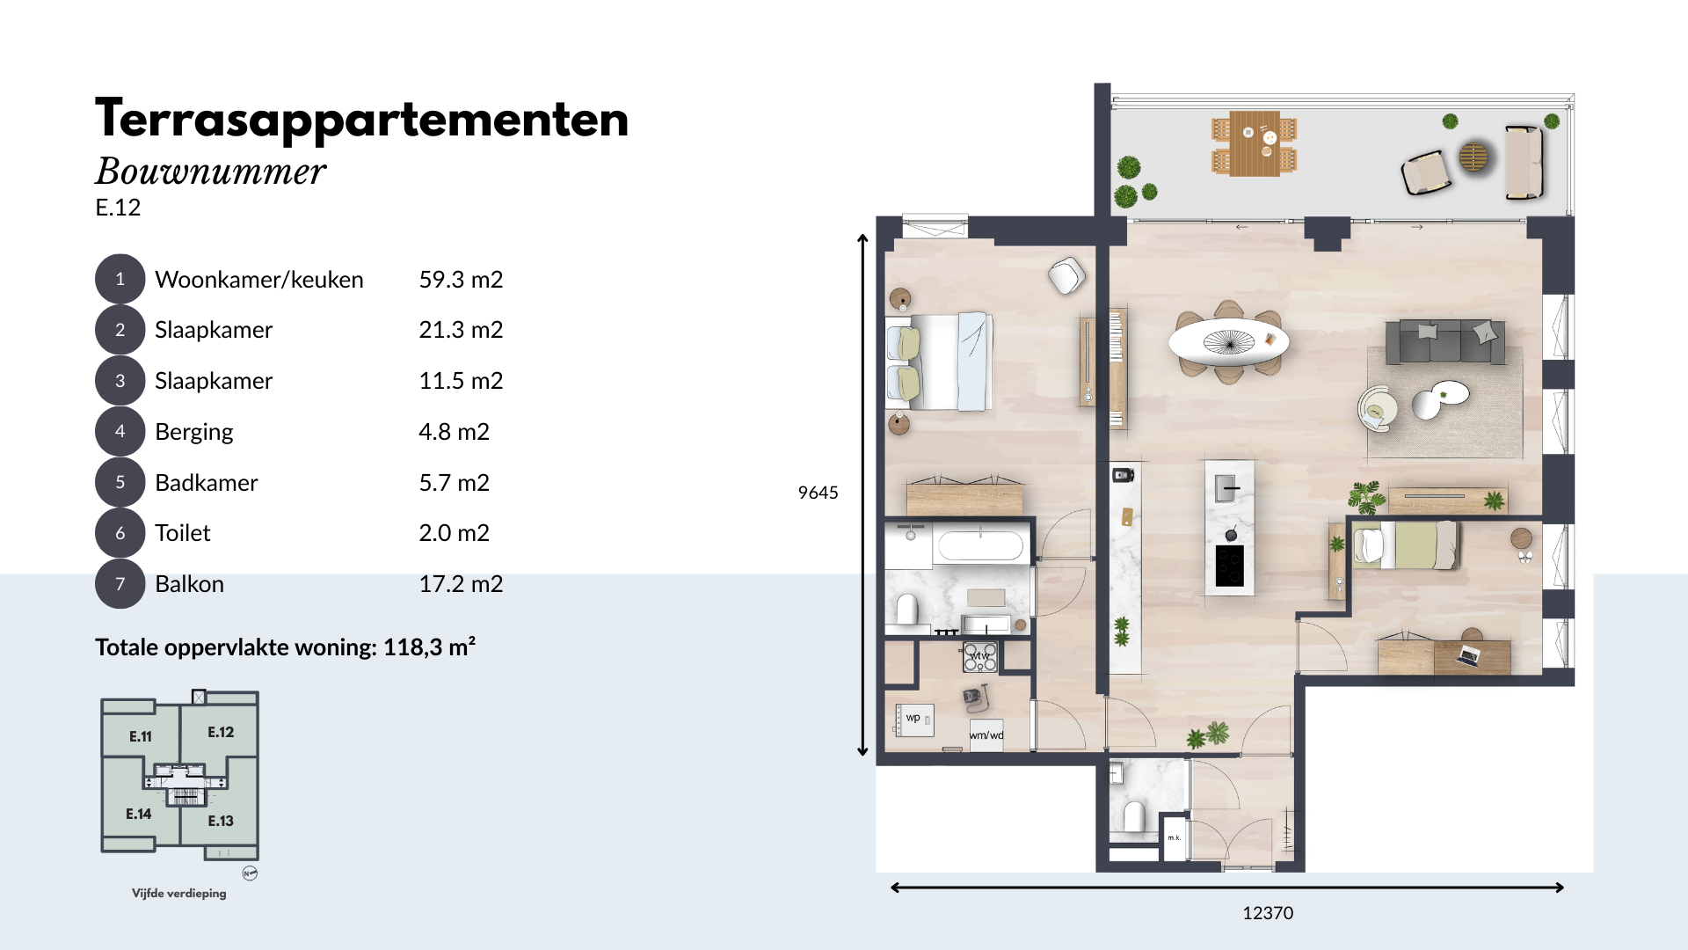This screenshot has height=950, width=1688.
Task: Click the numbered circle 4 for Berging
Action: (x=120, y=431)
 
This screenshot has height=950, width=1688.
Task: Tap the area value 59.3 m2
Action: (x=461, y=280)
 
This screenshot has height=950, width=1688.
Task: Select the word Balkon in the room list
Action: (x=189, y=584)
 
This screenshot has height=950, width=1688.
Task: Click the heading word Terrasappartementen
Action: (x=361, y=120)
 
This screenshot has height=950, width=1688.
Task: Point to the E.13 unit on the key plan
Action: (x=221, y=821)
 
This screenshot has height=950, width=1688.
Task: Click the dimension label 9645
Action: (x=818, y=493)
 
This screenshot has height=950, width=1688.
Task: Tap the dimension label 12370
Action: (x=1268, y=913)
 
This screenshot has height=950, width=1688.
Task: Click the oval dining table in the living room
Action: (x=1228, y=341)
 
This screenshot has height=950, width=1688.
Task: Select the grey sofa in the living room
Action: (x=1444, y=341)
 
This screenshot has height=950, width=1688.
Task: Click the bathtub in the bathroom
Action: (x=980, y=545)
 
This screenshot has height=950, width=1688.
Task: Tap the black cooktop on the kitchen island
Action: (x=1229, y=566)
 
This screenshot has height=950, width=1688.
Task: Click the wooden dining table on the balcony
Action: (x=1255, y=143)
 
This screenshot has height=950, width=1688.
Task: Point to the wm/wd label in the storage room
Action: (x=986, y=735)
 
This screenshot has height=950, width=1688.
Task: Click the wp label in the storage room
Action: (x=913, y=718)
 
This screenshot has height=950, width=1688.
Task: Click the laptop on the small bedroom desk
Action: (x=1468, y=655)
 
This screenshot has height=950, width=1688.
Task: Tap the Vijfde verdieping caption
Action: (x=179, y=893)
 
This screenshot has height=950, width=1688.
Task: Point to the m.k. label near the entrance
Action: (x=1175, y=837)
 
